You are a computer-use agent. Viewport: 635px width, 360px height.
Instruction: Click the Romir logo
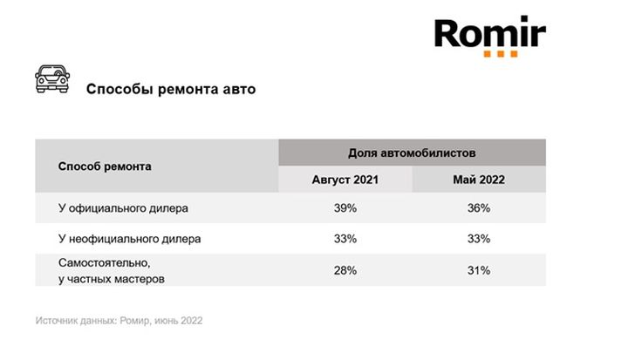coord(490,35)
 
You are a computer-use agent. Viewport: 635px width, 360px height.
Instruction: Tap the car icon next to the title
coord(52,78)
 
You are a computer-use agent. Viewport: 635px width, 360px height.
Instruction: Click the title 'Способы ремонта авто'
coord(170,89)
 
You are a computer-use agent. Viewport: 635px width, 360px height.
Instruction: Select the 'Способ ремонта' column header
coord(105,166)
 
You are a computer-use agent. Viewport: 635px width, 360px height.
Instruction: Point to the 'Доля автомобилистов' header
coord(412,152)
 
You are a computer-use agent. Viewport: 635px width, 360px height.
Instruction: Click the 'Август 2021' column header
coord(345,180)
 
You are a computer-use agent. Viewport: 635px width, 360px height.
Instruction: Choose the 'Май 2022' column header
coord(479,180)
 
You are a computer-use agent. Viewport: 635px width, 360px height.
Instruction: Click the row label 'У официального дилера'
coord(123,208)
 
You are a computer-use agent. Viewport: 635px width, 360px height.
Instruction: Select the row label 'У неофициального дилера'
coord(129,238)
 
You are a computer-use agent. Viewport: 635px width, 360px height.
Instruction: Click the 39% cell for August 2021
coord(345,208)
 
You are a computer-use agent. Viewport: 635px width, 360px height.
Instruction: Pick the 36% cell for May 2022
coord(479,208)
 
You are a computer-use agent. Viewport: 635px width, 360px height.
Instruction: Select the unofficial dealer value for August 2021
coord(345,238)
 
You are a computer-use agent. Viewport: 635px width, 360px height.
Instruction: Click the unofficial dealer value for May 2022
coord(479,238)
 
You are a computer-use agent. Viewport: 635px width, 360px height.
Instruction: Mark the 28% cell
coord(345,270)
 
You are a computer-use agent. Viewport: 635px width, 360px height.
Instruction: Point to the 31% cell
coord(479,270)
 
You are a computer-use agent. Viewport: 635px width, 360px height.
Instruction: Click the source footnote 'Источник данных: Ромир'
coord(119,320)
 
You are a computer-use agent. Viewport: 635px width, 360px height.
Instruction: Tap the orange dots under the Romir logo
coord(501,54)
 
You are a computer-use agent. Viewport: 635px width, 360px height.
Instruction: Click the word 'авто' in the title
coord(237,89)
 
